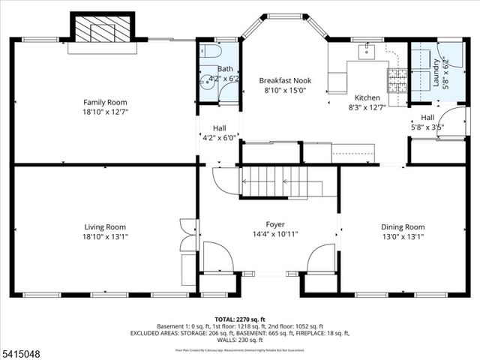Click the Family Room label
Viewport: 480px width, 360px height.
click(x=105, y=102)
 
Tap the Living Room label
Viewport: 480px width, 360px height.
click(x=105, y=226)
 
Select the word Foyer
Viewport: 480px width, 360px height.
click(x=275, y=224)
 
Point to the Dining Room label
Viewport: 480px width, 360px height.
click(x=404, y=226)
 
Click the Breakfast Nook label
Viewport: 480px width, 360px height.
click(x=285, y=80)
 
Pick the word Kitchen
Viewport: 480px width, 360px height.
click(x=367, y=97)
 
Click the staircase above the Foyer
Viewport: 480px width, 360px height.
click(x=274, y=181)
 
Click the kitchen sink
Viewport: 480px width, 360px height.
click(x=367, y=50)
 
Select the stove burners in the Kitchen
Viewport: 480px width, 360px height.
click(x=394, y=75)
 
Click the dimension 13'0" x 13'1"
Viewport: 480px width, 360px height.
click(x=404, y=237)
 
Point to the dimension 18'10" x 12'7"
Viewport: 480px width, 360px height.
click(x=105, y=112)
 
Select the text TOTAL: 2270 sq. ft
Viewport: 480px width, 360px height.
click(x=239, y=319)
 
